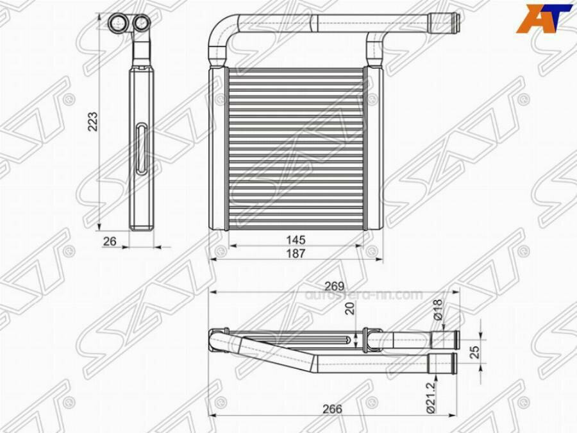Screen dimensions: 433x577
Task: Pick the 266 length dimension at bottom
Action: (332, 409)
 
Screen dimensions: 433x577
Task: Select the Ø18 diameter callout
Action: (439, 310)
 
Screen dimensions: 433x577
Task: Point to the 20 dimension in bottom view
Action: (350, 309)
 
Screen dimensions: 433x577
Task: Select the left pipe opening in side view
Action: (117, 24)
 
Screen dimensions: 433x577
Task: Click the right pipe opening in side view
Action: (141, 24)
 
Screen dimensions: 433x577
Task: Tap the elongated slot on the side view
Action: (141, 149)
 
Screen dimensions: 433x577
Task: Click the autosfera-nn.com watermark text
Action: (364, 295)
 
